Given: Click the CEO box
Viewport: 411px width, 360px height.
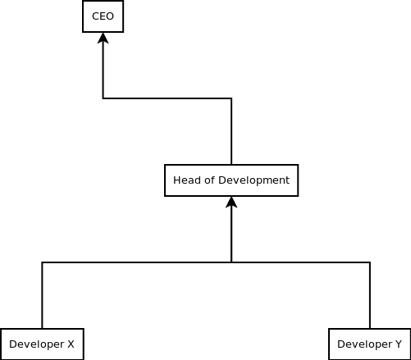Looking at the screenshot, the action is click(103, 16).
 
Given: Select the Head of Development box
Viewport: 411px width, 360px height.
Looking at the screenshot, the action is click(231, 180).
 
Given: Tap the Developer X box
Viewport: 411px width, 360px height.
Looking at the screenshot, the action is click(42, 344).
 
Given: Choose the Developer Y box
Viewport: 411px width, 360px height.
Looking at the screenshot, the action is click(370, 344).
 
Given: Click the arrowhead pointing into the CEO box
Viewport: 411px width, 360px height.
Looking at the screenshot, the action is click(103, 38).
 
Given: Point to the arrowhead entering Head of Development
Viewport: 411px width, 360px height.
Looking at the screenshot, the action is click(231, 202).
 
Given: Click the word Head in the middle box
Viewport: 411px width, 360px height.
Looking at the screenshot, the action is click(185, 180).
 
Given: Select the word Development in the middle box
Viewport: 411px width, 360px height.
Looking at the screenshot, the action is click(253, 180).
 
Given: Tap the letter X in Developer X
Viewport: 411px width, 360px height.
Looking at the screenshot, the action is click(71, 344).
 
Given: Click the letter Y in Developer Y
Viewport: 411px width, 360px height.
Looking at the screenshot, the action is click(398, 344).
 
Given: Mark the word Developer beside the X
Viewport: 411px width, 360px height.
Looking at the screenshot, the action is click(37, 344).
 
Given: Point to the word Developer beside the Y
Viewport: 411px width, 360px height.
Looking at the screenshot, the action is click(365, 344).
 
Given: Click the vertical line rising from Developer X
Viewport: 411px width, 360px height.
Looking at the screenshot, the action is click(42, 295).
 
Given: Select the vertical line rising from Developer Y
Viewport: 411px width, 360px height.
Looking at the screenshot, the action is click(370, 295).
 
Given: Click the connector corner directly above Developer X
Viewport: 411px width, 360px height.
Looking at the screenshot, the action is click(42, 262).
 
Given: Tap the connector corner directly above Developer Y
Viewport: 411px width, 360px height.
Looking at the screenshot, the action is click(370, 262).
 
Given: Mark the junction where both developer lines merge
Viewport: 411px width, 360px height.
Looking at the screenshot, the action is click(231, 262).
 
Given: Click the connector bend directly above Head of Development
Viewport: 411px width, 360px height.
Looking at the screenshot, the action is click(231, 98).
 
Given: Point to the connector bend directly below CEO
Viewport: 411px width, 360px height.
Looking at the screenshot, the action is click(103, 98).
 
